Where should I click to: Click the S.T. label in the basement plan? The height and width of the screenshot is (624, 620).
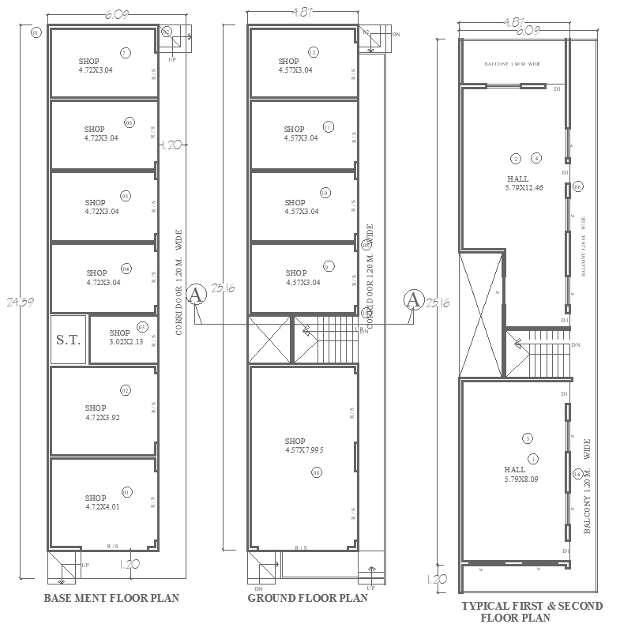pos(69,340)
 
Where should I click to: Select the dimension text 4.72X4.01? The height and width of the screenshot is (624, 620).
pos(102,507)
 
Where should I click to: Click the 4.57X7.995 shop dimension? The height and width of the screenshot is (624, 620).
pos(304,450)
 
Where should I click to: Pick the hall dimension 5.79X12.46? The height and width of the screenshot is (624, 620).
pos(524,188)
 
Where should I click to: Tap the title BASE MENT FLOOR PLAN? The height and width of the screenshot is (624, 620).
pos(111,598)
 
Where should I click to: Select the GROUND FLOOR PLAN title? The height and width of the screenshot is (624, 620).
pos(308,598)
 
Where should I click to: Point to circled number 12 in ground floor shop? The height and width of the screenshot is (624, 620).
pos(314,53)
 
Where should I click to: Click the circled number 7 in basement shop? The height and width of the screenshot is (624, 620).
pos(125,53)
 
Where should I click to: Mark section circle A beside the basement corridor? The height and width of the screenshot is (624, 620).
pos(197,295)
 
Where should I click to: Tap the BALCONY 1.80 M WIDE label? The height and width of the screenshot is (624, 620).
pos(512,64)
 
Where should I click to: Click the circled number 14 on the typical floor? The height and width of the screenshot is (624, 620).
pos(578,474)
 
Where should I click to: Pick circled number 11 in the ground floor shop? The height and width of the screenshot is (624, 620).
pos(328,126)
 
